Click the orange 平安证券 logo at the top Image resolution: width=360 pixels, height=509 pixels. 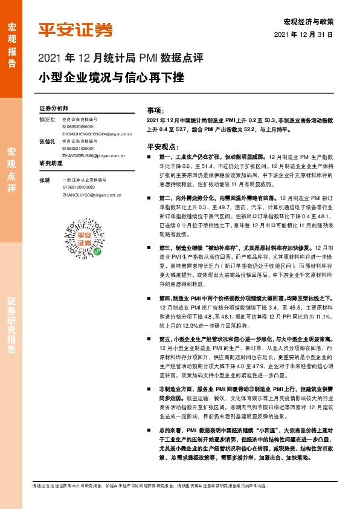[76, 30]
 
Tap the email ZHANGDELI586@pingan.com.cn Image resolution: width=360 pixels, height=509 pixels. [93, 155]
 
